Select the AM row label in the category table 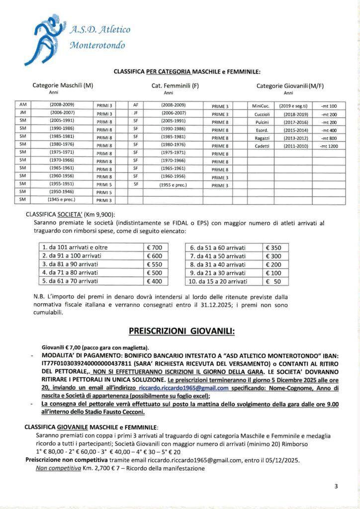(22, 105)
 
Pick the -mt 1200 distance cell (329, 146)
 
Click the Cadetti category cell (262, 146)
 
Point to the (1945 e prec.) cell (62, 199)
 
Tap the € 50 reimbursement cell (275, 281)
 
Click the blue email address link (184, 388)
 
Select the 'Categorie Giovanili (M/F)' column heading (289, 85)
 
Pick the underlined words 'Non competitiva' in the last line (54, 468)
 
